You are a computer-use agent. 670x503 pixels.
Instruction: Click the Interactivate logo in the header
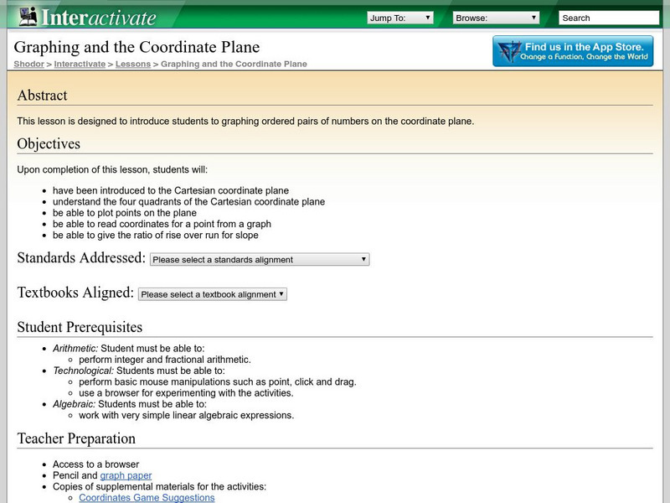(87, 17)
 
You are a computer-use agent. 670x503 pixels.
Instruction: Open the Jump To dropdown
(399, 18)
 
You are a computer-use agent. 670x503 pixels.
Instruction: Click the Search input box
(608, 18)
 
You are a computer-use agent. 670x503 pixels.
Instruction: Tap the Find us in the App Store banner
(573, 51)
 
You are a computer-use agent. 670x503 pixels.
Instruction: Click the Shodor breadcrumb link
(28, 64)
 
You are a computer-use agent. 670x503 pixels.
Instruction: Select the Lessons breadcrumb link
(132, 64)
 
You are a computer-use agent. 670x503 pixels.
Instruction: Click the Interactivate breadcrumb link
(80, 64)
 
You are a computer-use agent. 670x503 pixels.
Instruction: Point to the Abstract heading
(42, 96)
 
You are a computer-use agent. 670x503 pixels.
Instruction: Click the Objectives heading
(49, 144)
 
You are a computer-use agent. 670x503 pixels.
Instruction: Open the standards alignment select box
(260, 260)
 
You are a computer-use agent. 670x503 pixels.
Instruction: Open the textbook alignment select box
(213, 294)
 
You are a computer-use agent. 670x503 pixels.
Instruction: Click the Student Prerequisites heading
(80, 328)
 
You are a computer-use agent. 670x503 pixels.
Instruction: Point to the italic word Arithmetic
(75, 348)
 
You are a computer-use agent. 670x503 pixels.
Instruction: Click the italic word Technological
(83, 371)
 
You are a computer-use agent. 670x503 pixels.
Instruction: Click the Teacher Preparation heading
(76, 438)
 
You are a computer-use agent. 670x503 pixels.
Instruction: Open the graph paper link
(126, 475)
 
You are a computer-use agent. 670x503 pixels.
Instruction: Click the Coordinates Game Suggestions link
(147, 498)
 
